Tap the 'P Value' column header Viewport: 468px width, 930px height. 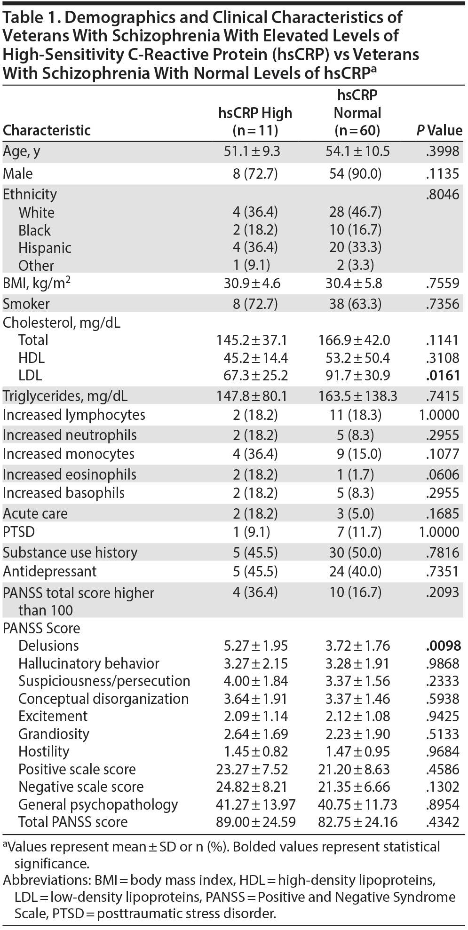[439, 130]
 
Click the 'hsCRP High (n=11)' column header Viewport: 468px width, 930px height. [255, 121]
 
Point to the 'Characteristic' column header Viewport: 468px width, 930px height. [47, 130]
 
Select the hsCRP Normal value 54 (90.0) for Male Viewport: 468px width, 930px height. [354, 174]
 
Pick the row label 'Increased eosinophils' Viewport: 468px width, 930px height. [70, 474]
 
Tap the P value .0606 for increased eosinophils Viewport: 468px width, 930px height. [444, 474]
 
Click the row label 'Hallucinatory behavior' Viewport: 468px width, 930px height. [89, 663]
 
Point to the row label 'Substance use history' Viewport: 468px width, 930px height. [70, 552]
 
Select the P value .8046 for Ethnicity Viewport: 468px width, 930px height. [444, 194]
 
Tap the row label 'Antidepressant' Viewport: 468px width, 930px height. [50, 571]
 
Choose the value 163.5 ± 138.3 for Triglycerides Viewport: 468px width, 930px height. [361, 396]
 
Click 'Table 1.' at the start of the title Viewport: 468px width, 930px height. [28, 17]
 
